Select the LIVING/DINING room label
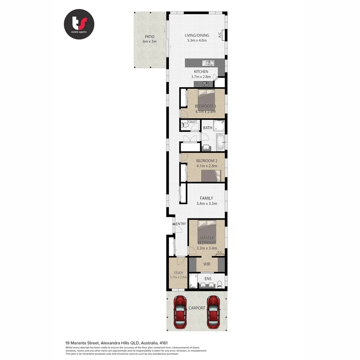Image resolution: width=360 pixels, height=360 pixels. click(x=196, y=36)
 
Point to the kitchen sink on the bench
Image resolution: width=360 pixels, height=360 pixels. click(x=208, y=63)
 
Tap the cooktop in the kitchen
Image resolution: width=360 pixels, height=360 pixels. click(x=206, y=84)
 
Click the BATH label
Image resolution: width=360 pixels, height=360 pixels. click(x=208, y=128)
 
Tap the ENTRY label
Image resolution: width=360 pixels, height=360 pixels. click(x=181, y=224)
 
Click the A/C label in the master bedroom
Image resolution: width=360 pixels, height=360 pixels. click(x=220, y=252)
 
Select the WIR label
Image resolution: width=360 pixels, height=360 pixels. click(x=207, y=264)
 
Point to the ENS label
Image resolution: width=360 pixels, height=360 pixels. click(x=208, y=278)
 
